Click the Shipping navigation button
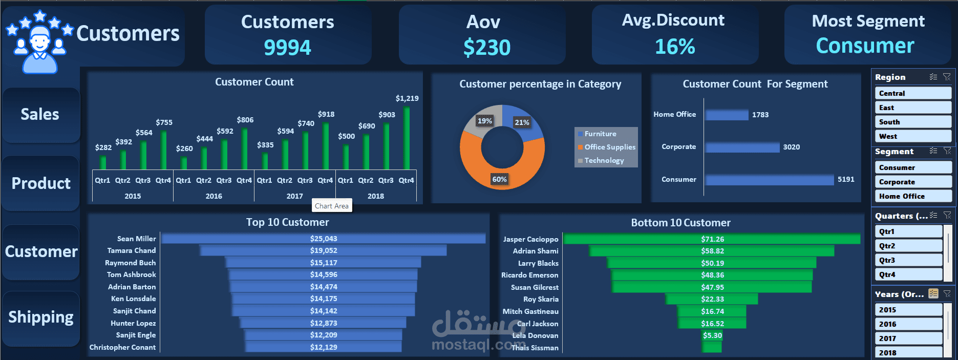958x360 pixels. tap(41, 317)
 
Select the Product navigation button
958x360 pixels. tap(41, 183)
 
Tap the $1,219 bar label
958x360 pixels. tap(407, 98)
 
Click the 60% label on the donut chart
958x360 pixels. tap(499, 179)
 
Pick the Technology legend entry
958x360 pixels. tap(604, 160)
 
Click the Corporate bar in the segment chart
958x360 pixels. tap(742, 147)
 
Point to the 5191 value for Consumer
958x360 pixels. tap(846, 179)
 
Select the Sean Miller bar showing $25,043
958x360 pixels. tap(323, 239)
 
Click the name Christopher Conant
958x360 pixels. tap(122, 347)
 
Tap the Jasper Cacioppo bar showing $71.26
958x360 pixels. tap(712, 239)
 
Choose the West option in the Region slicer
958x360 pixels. tap(913, 136)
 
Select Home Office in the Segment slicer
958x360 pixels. tap(913, 196)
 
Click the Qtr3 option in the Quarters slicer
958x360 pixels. tap(908, 260)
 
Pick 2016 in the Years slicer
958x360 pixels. tap(908, 324)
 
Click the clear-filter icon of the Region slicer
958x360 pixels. tap(947, 77)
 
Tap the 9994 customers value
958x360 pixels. tap(287, 48)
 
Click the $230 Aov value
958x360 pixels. tap(487, 48)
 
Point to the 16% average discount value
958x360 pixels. tap(675, 47)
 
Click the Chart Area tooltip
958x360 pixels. tap(332, 206)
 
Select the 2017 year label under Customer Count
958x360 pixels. tap(294, 196)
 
